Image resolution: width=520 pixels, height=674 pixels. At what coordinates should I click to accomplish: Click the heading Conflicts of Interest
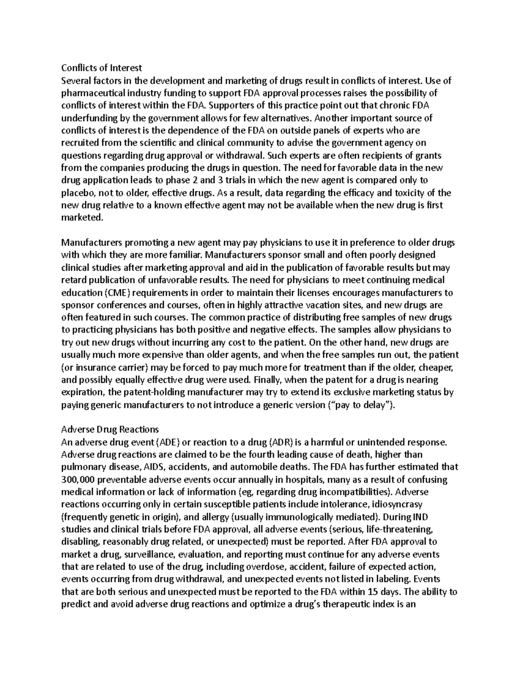coord(101,68)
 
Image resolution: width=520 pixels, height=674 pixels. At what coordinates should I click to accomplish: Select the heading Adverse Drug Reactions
coord(110,429)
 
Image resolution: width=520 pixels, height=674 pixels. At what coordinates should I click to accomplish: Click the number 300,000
coord(78,480)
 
